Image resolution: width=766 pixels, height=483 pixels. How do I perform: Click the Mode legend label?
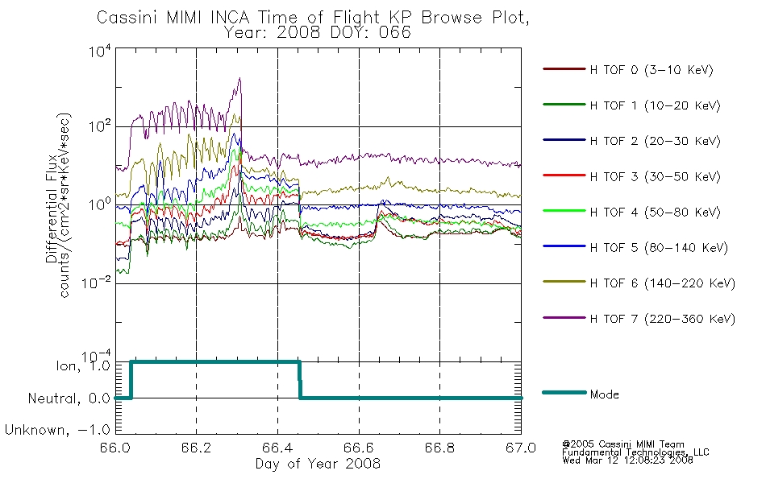604,394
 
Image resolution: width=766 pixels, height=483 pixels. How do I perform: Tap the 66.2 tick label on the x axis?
197,448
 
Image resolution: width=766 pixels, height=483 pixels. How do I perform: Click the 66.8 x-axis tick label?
439,448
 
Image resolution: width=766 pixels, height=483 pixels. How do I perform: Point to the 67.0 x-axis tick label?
521,448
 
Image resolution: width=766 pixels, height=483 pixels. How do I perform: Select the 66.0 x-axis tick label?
115,448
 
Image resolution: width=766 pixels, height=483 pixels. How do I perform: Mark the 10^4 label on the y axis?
100,51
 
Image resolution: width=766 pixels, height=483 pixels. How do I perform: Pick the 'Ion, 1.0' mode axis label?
83,366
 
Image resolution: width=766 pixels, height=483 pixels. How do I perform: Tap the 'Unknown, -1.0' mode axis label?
57,430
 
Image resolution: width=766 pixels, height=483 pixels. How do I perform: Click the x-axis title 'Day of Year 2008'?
318,464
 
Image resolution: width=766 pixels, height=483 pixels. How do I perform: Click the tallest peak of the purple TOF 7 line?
239,78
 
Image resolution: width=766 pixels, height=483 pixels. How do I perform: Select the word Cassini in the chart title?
128,17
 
